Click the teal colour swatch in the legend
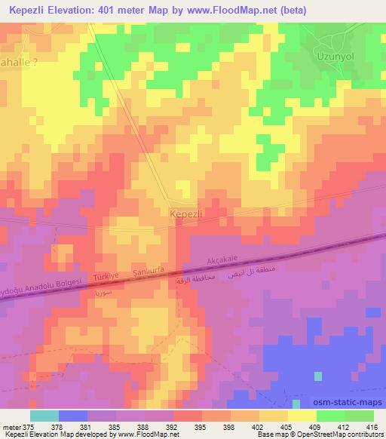44,416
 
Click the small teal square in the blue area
317,375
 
